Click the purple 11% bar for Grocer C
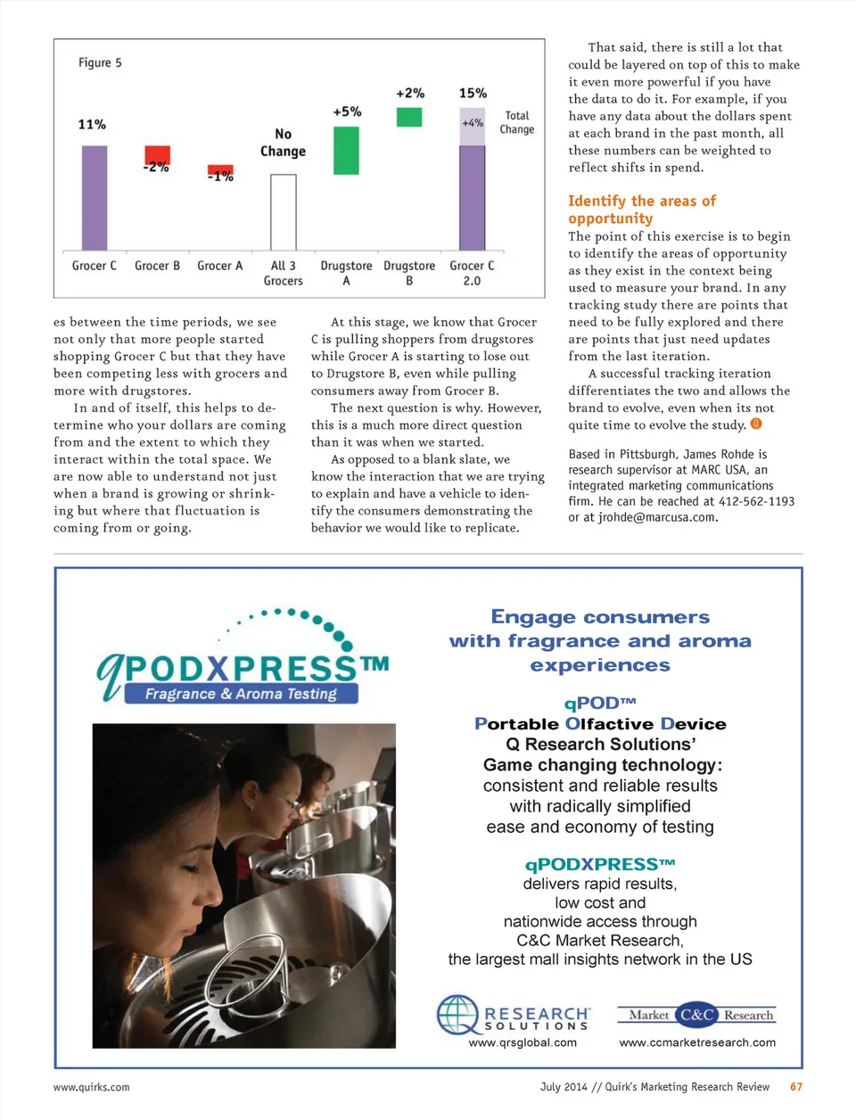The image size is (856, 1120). (x=95, y=197)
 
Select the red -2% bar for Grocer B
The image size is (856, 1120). (x=157, y=154)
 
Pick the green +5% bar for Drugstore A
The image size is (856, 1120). (x=346, y=151)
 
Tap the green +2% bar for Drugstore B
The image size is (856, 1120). (x=409, y=117)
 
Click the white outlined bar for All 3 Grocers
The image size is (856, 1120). (x=283, y=212)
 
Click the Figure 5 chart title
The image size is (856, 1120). (x=100, y=62)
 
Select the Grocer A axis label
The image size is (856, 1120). (x=219, y=266)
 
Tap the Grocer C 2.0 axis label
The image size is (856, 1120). (x=472, y=273)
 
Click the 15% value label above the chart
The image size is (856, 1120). (x=473, y=93)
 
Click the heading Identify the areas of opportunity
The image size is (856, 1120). (x=641, y=210)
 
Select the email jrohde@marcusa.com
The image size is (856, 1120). (x=657, y=517)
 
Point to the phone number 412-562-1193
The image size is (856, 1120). (x=756, y=501)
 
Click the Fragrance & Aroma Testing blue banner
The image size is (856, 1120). (x=241, y=694)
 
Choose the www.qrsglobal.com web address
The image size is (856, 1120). (x=523, y=1042)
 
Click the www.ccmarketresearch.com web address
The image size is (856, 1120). (x=697, y=1042)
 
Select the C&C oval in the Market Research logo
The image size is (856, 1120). (x=696, y=1015)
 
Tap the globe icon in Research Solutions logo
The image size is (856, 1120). (x=457, y=1015)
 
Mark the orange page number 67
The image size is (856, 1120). (x=796, y=1087)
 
